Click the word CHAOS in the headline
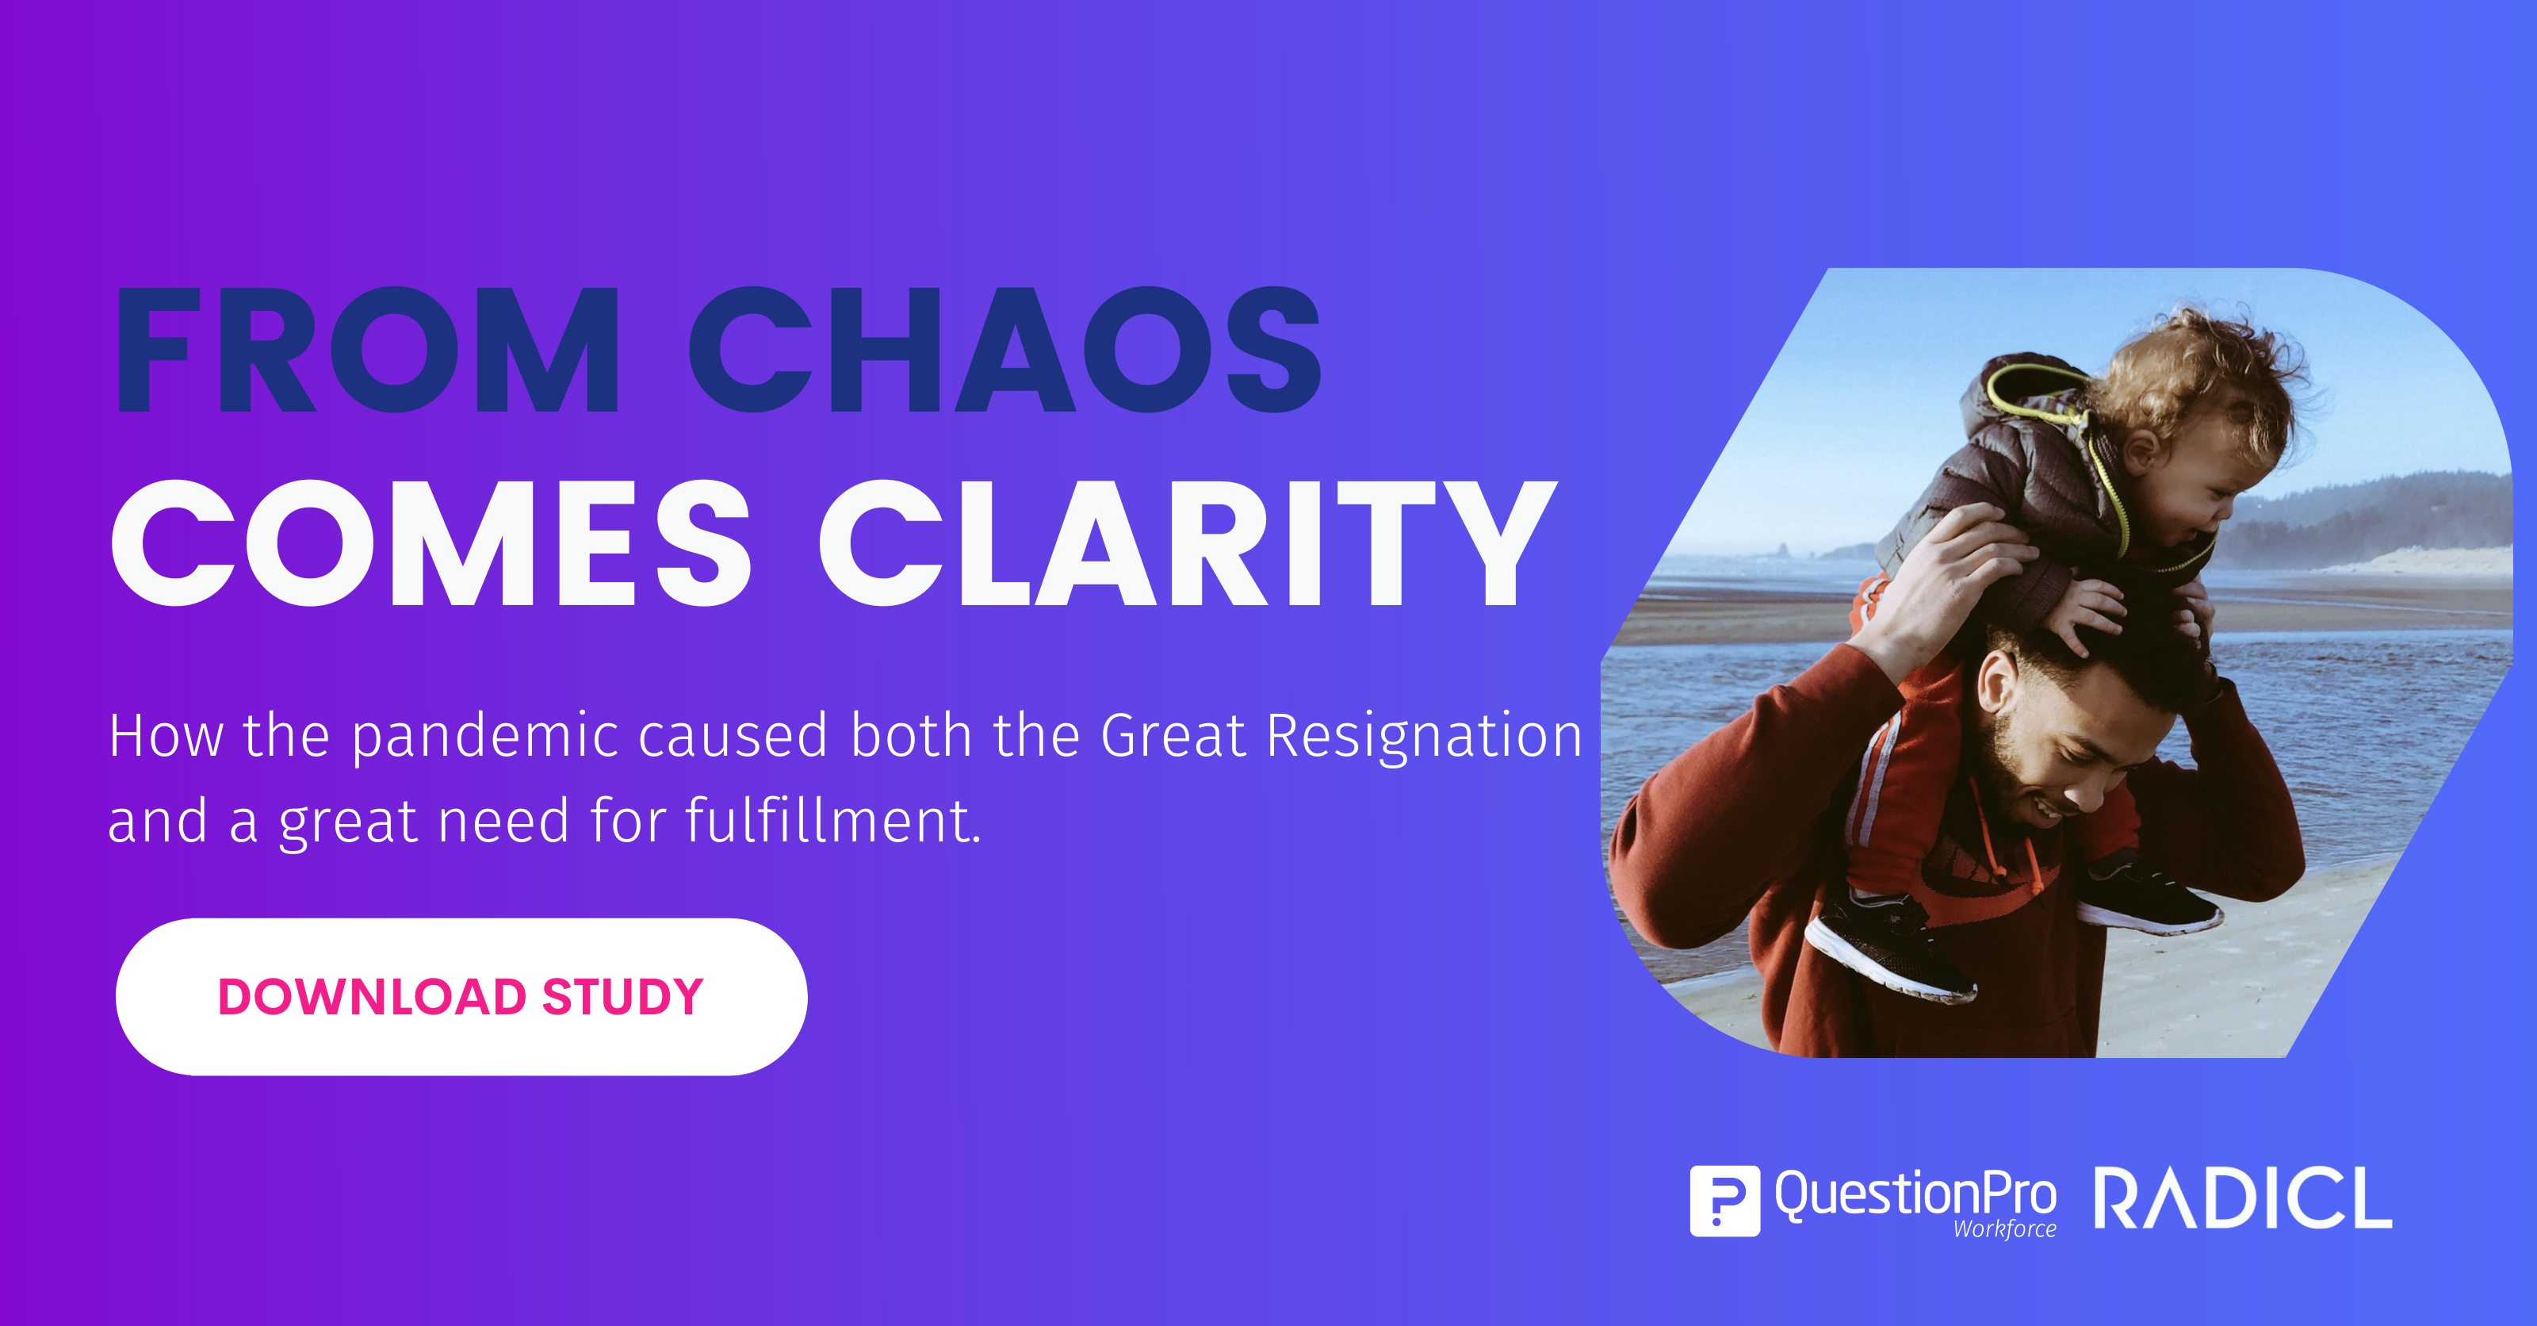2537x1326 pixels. [1004, 350]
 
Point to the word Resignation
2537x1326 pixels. [1424, 737]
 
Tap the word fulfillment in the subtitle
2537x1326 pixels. [832, 820]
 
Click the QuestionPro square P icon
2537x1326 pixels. [1724, 1200]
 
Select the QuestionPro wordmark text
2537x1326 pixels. [1915, 1194]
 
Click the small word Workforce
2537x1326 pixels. [2005, 1228]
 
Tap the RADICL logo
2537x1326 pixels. [2243, 1198]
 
